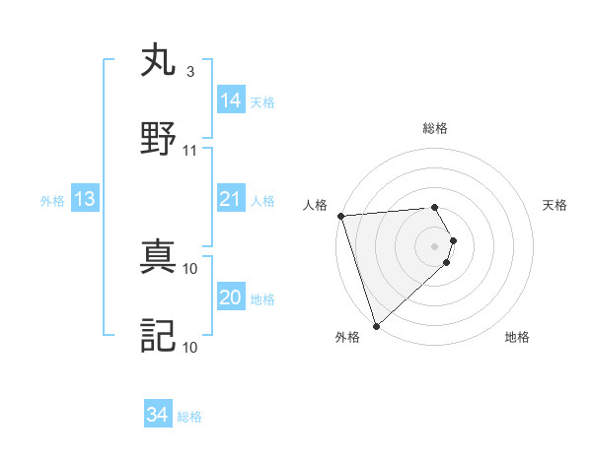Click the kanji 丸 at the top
pos(160,60)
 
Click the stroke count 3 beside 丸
pos(190,72)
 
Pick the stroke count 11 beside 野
pos(190,151)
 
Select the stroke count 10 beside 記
pos(190,347)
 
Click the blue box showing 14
pos(231,100)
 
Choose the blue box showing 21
pos(231,199)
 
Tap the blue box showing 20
pos(231,298)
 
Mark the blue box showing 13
pos(85,199)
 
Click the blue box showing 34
pos(158,415)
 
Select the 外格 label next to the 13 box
pos(52,201)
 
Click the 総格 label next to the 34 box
pos(189,417)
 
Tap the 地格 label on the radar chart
pos(517,338)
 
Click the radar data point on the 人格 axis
pos(340,216)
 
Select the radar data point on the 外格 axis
pos(376,325)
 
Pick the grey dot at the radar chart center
pos(434,245)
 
